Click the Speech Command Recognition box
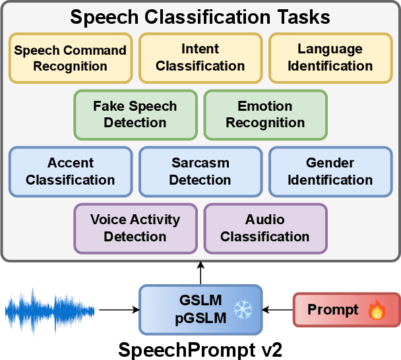[71, 58]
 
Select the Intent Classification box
[200, 58]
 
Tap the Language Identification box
[330, 58]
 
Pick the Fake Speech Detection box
[135, 115]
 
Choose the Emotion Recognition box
[265, 115]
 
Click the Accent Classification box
[71, 171]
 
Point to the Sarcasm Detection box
[200, 171]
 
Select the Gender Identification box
[330, 171]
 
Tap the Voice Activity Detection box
[135, 228]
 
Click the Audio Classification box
[265, 228]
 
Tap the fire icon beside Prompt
[377, 309]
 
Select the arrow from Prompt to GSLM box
[278, 309]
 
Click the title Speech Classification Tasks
[200, 16]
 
